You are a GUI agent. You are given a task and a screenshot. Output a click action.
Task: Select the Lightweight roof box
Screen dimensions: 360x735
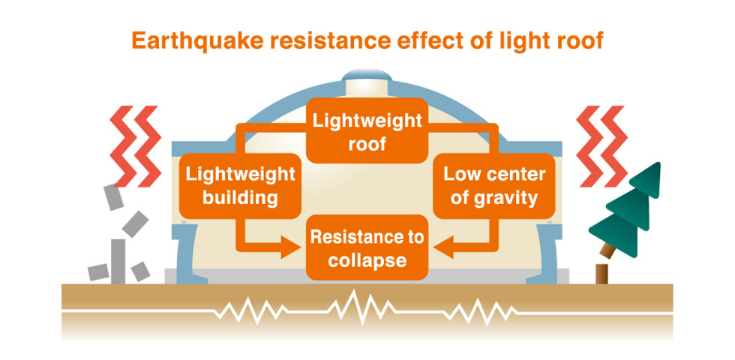[367, 131]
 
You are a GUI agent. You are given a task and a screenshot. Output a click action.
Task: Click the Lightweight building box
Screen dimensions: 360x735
[240, 186]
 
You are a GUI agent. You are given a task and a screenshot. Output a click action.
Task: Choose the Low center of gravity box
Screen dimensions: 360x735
[494, 186]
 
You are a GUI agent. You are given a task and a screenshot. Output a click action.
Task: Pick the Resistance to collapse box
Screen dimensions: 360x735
[367, 249]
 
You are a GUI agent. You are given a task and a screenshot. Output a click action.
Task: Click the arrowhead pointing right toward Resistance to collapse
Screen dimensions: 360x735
[292, 247]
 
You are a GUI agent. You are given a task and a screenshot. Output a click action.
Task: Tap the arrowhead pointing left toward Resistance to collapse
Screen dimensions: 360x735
[443, 247]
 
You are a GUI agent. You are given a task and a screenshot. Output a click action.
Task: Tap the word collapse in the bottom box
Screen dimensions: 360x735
[367, 261]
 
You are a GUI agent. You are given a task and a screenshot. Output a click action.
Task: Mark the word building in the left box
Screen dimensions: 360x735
[239, 198]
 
